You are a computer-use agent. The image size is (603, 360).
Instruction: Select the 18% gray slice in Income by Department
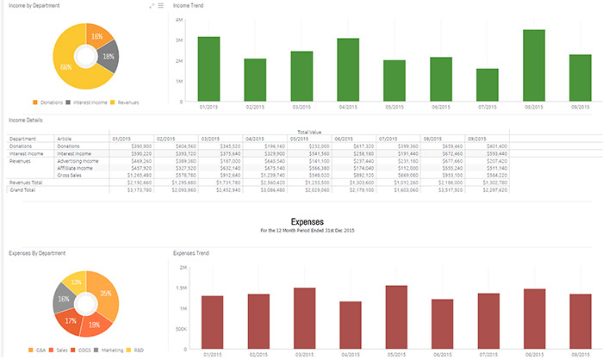(x=107, y=57)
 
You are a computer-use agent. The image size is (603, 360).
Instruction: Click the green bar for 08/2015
(x=533, y=66)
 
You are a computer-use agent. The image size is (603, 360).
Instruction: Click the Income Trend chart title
(x=189, y=6)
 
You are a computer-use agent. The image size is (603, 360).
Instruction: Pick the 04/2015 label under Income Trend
(x=347, y=108)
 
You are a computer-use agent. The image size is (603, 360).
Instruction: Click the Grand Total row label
(x=23, y=189)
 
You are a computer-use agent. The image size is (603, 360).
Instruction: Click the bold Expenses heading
(x=308, y=221)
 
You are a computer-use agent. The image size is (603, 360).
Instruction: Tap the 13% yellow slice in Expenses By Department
(x=76, y=282)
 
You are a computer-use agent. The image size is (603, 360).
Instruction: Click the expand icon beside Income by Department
(x=152, y=6)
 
